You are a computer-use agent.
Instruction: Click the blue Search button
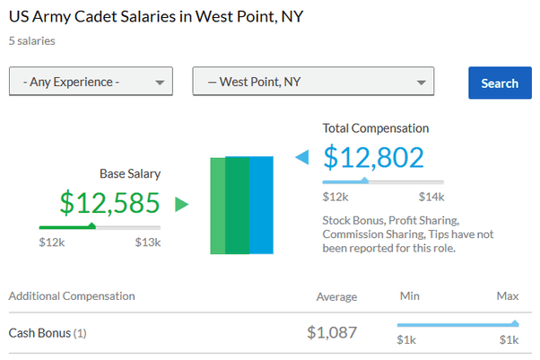click(499, 83)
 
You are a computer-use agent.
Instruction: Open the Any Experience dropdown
click(90, 82)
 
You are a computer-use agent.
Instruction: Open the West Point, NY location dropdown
click(313, 82)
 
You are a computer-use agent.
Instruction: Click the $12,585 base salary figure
click(109, 202)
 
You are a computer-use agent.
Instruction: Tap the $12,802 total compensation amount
click(373, 157)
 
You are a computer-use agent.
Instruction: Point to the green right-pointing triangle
click(181, 204)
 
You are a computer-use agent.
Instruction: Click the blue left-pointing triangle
click(301, 159)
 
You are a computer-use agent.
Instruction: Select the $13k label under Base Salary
click(148, 241)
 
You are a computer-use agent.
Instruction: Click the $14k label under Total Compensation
click(431, 197)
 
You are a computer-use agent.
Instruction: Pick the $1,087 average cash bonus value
click(332, 332)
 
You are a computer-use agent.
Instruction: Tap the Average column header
click(336, 296)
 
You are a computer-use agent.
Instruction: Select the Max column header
click(508, 295)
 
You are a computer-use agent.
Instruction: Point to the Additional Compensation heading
click(72, 295)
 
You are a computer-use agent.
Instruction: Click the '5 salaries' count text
click(31, 40)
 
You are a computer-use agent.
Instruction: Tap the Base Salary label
click(130, 173)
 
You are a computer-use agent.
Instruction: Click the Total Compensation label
click(376, 128)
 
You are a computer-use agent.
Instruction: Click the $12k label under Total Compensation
click(335, 197)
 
